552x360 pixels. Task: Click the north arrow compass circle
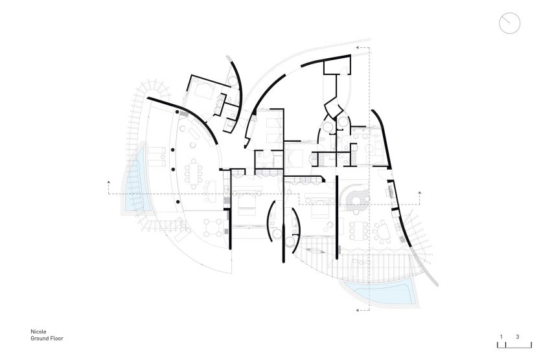pos(509,23)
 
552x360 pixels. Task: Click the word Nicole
pos(38,332)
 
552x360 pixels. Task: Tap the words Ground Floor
pos(47,339)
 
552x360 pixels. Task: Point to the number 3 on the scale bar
pos(518,337)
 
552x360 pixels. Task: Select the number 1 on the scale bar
pos(501,337)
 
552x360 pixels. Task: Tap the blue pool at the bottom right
pos(381,293)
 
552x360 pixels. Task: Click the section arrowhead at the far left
pos(108,182)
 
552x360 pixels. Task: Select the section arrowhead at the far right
pos(420,193)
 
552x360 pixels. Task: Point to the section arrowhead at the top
pos(358,47)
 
